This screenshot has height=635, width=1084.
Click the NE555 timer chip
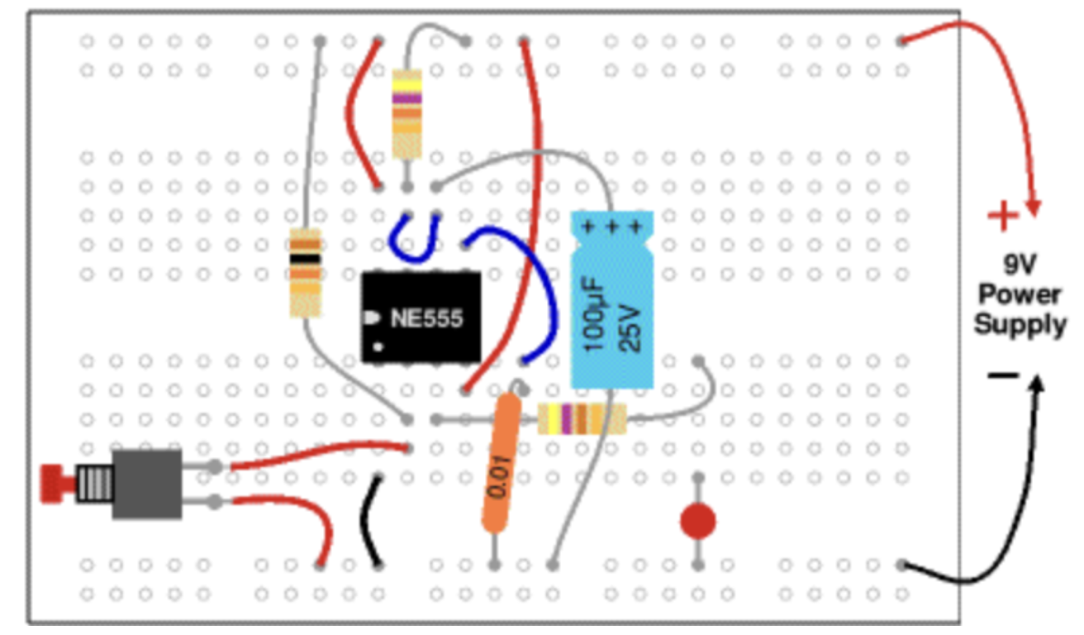(421, 317)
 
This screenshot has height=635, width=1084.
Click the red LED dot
(698, 522)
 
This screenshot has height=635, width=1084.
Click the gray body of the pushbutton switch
(146, 485)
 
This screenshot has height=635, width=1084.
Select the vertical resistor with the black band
(305, 274)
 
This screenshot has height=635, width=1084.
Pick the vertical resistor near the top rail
(406, 114)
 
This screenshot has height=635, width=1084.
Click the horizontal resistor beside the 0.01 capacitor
(582, 419)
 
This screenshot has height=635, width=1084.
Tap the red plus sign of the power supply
(1003, 217)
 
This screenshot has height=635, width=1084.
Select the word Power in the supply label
(1020, 295)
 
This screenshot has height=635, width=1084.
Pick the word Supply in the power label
(1020, 324)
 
